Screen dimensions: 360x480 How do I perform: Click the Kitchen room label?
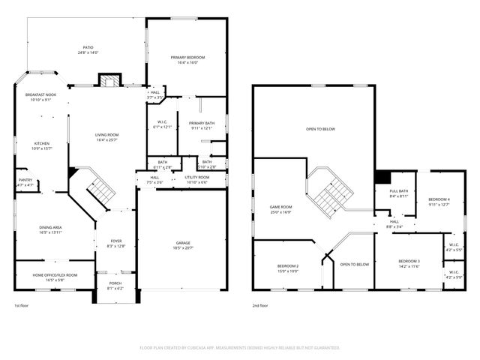(x=42, y=145)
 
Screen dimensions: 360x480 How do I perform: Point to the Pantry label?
(x=25, y=181)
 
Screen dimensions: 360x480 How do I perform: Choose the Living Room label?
(x=107, y=136)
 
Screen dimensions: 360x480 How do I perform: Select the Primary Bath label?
(x=201, y=124)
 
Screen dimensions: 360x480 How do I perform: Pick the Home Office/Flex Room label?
(x=54, y=275)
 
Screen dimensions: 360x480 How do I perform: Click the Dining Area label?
(x=52, y=227)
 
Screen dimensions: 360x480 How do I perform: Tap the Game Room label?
(x=281, y=207)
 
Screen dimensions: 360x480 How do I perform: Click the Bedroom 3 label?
(x=409, y=262)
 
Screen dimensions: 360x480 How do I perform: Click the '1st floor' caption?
(x=21, y=306)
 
